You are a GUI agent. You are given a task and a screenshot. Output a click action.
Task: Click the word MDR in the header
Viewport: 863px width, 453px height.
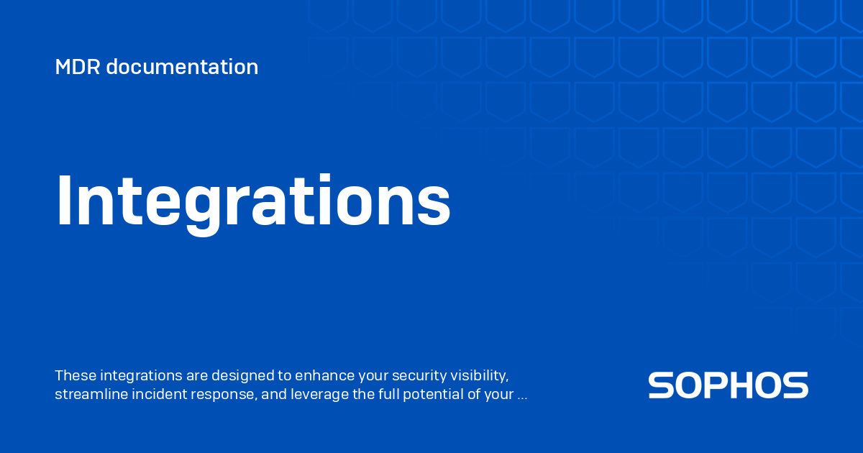click(x=78, y=67)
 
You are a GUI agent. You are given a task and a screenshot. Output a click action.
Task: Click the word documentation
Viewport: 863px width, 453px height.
click(x=182, y=67)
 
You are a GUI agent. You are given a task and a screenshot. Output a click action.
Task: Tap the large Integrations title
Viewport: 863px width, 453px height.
click(x=253, y=204)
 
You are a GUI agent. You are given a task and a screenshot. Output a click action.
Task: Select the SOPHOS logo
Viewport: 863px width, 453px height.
click(x=728, y=385)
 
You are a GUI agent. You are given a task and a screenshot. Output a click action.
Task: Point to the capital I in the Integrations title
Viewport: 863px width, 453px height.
click(x=64, y=201)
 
